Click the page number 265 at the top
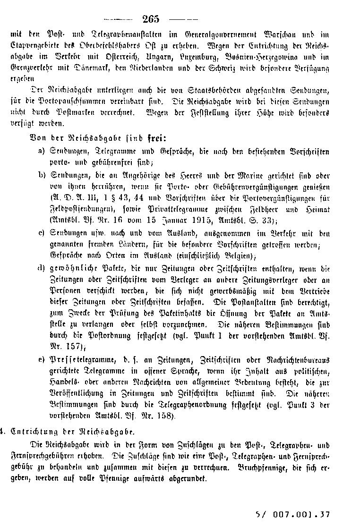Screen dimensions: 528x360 (x=151, y=19)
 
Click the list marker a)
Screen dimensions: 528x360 (x=42, y=152)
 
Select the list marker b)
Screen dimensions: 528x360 (x=42, y=175)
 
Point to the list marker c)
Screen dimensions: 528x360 (x=42, y=233)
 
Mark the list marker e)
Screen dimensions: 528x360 (x=42, y=360)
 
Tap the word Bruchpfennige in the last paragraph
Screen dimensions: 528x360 (x=264, y=468)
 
